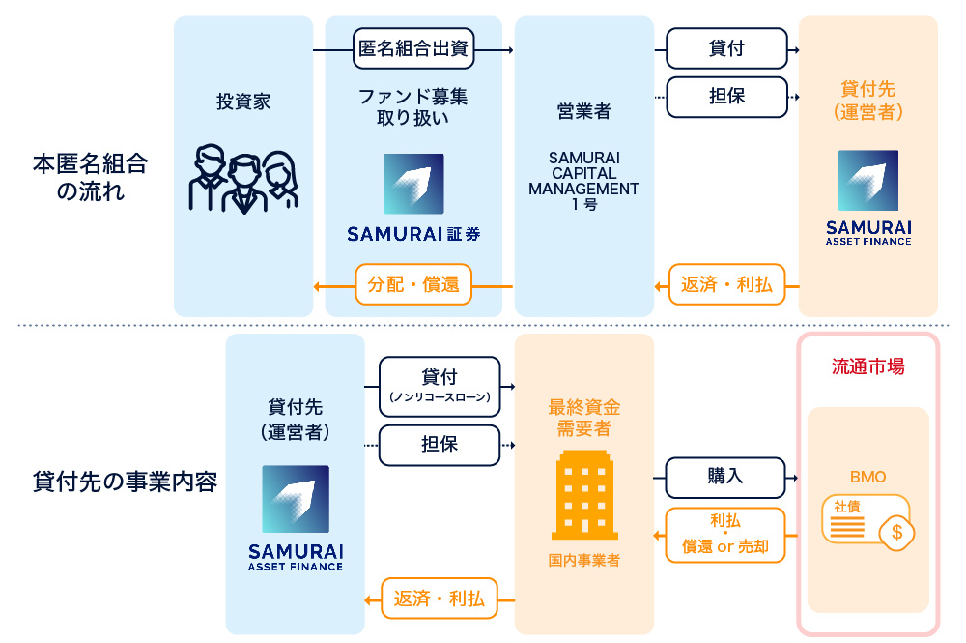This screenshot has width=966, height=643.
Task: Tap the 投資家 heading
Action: pyautogui.click(x=243, y=102)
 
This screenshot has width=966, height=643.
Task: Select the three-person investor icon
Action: pyautogui.click(x=243, y=179)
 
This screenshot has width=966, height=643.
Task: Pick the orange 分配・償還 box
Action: pyautogui.click(x=413, y=285)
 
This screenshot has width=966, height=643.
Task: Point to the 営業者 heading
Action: pyautogui.click(x=584, y=111)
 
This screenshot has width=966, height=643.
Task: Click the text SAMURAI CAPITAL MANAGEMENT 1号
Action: pyautogui.click(x=584, y=181)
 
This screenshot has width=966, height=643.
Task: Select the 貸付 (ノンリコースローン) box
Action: pyautogui.click(x=440, y=384)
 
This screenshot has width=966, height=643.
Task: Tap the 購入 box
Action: pyautogui.click(x=725, y=476)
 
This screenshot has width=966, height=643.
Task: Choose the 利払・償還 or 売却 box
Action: pyautogui.click(x=725, y=535)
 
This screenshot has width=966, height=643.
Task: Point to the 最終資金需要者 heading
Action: pyautogui.click(x=584, y=418)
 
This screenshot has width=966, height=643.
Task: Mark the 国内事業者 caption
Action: pyautogui.click(x=584, y=560)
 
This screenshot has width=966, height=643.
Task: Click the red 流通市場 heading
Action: pyautogui.click(x=868, y=367)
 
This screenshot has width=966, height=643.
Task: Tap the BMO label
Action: pyautogui.click(x=867, y=477)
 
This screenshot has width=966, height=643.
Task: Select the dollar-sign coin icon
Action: pyautogui.click(x=897, y=531)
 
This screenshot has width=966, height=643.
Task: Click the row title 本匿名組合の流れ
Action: pyautogui.click(x=91, y=176)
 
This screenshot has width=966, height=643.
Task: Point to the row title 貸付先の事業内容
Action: pyautogui.click(x=125, y=482)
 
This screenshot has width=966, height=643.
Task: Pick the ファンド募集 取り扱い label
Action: pyautogui.click(x=413, y=107)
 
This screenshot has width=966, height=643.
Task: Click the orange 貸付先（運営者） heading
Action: pyautogui.click(x=868, y=101)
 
